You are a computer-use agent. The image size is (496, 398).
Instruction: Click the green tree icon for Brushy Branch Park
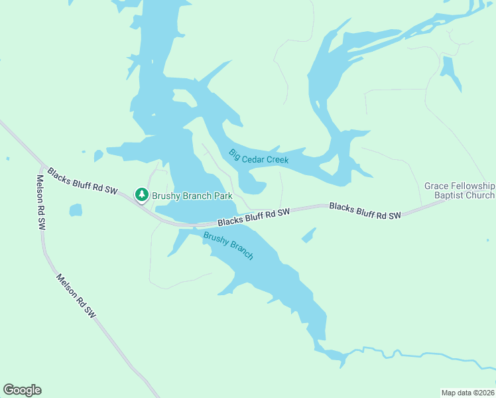click(x=141, y=194)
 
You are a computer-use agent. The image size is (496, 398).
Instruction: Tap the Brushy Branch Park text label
click(x=191, y=196)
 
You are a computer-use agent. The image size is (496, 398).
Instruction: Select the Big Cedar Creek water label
click(x=259, y=157)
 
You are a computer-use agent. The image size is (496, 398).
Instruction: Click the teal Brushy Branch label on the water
click(x=228, y=245)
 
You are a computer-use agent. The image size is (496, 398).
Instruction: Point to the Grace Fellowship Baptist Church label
click(x=460, y=190)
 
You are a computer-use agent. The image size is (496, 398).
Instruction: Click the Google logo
click(x=22, y=390)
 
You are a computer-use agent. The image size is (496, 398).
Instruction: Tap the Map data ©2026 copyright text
click(x=467, y=392)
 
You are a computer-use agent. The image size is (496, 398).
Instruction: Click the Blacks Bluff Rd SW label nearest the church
click(x=365, y=211)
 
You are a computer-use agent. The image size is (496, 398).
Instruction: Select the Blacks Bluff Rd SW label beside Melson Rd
click(x=82, y=181)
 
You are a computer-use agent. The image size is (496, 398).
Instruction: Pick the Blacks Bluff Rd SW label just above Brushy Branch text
click(x=254, y=216)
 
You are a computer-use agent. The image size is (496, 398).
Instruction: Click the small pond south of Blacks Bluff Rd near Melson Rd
click(x=76, y=210)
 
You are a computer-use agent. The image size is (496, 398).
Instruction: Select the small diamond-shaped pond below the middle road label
click(x=308, y=235)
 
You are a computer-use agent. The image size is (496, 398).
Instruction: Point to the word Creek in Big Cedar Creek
click(x=277, y=161)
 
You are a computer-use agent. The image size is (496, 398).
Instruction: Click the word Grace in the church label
click(x=437, y=186)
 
